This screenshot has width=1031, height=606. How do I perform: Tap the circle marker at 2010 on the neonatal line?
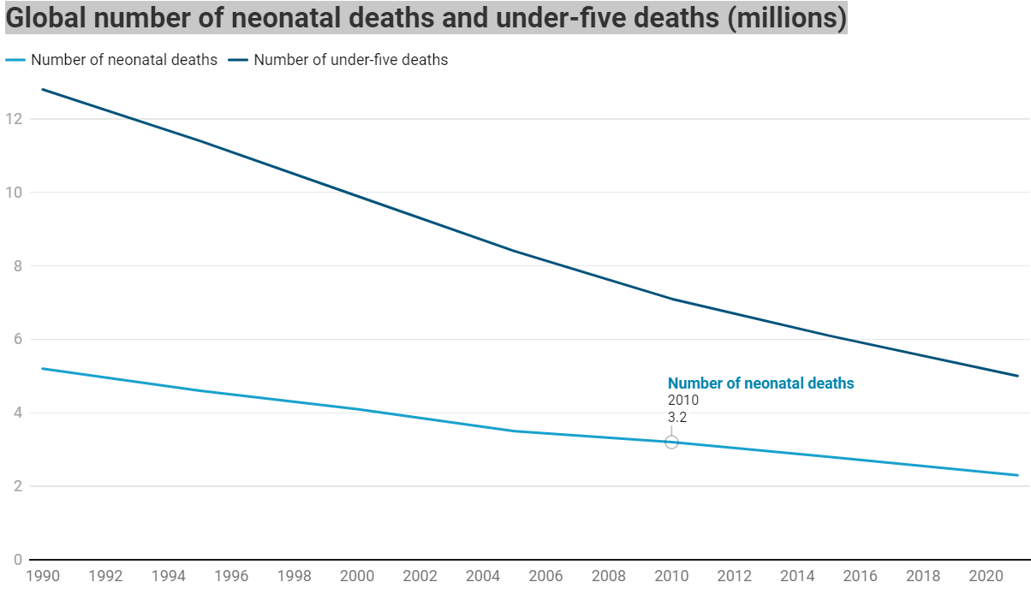(x=671, y=442)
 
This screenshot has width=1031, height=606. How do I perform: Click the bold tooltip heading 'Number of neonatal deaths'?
(x=760, y=383)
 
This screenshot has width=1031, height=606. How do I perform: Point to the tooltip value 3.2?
(x=677, y=419)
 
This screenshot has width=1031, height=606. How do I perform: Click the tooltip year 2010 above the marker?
(x=683, y=401)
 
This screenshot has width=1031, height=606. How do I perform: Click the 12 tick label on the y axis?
(x=13, y=118)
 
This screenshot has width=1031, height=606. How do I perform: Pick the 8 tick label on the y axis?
(x=16, y=265)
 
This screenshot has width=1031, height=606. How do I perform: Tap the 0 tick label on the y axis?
(x=16, y=560)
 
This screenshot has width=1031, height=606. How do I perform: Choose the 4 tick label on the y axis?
(x=16, y=413)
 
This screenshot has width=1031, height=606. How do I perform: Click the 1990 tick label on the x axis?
(x=43, y=576)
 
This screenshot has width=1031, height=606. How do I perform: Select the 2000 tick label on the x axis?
(x=357, y=576)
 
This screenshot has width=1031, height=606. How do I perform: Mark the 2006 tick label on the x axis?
(x=545, y=576)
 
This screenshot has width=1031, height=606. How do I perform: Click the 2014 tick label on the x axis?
(x=797, y=576)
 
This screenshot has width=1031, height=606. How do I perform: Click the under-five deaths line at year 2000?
(x=357, y=196)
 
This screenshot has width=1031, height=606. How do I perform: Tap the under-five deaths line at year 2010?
(x=671, y=299)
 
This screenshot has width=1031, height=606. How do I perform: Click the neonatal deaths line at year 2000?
(x=357, y=409)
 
